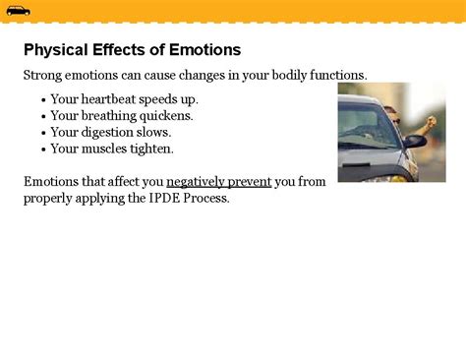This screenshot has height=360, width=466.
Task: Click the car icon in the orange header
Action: click(x=18, y=11)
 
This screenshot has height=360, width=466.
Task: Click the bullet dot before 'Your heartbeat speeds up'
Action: click(x=43, y=100)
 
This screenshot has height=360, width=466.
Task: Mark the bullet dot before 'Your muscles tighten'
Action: click(x=43, y=150)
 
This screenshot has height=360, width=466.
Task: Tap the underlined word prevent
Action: click(x=250, y=182)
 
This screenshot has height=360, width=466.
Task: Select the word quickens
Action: click(x=166, y=116)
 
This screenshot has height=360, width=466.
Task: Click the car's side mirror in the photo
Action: click(x=413, y=141)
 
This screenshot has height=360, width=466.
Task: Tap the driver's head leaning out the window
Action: click(x=390, y=114)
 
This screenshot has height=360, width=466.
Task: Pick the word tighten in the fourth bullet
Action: click(x=153, y=149)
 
